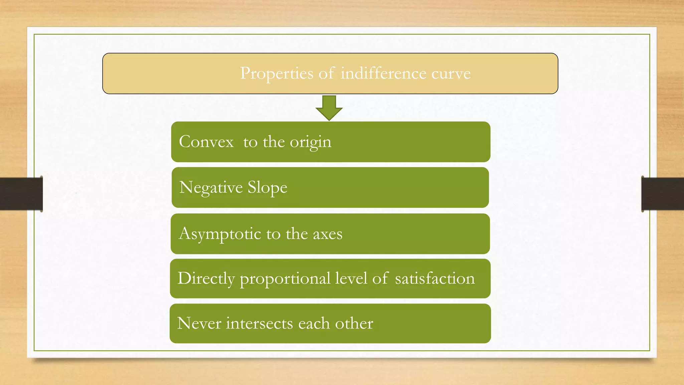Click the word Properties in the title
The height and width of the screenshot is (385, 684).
(277, 73)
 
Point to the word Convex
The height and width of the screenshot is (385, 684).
(206, 142)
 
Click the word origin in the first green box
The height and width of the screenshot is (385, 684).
(310, 142)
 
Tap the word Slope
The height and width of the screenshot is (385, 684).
(267, 187)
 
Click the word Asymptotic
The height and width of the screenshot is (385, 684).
(220, 234)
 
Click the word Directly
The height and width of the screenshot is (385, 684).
(206, 279)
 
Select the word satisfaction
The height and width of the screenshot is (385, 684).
(435, 278)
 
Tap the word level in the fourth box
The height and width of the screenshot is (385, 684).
(351, 278)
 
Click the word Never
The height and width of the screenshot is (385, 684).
(199, 323)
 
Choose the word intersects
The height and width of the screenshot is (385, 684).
(259, 323)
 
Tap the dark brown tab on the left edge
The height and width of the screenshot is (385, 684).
(21, 194)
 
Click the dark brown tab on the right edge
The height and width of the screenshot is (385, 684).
(662, 194)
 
